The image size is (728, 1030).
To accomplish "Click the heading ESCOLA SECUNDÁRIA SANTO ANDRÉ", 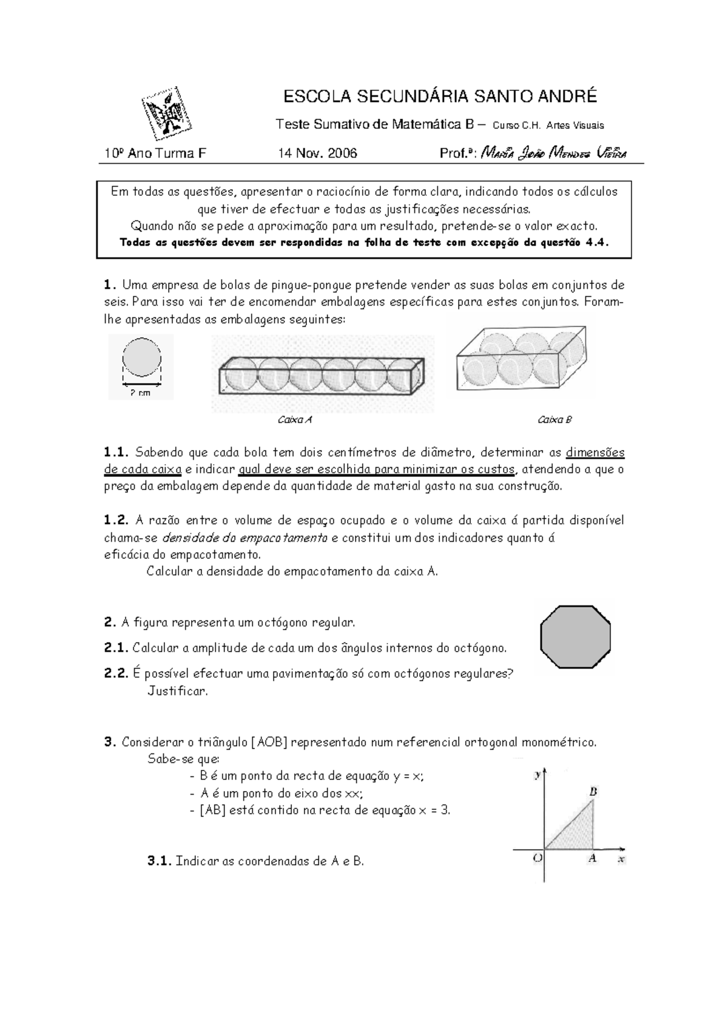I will [440, 96].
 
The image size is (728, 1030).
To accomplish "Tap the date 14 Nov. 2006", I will [317, 153].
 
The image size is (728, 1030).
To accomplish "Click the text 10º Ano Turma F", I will [155, 153].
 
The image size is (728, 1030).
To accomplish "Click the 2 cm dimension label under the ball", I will [141, 392].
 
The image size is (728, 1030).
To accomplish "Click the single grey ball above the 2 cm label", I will [142, 358].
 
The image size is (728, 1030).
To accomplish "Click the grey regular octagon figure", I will [575, 637].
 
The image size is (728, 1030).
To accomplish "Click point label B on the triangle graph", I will [593, 791].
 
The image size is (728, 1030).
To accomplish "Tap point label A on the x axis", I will [592, 858].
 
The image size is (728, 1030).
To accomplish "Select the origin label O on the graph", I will [538, 858].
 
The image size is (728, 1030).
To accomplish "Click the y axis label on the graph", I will [537, 775].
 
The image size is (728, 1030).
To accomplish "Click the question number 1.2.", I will [116, 520].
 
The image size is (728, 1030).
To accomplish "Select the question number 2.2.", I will [116, 673].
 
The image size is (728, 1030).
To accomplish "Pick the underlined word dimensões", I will [595, 453].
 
